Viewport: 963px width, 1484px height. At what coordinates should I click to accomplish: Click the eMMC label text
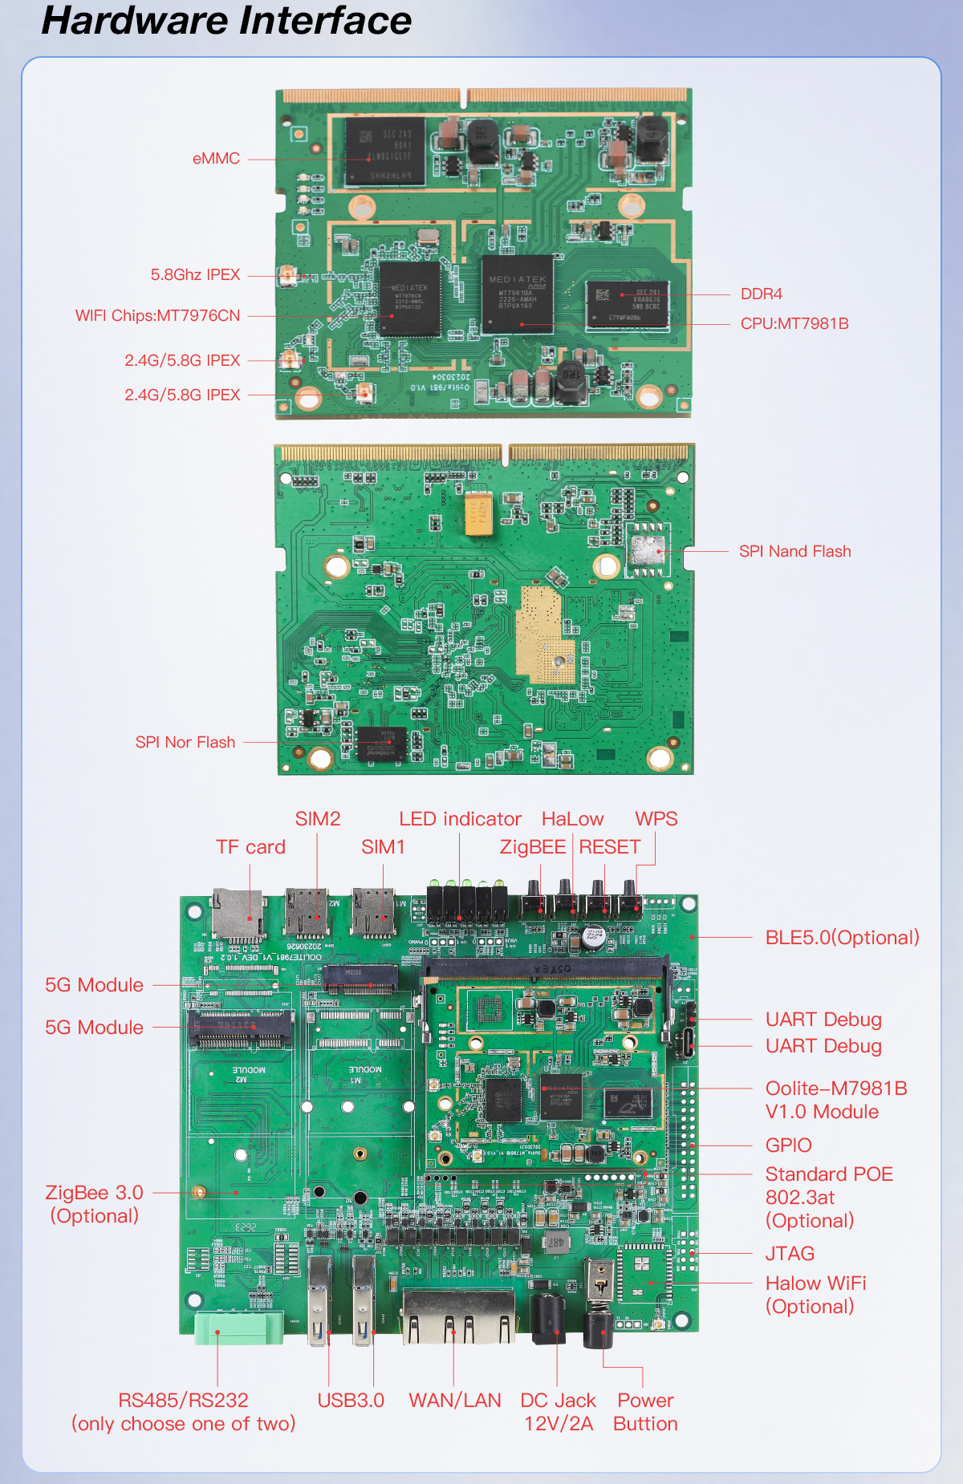coord(216,158)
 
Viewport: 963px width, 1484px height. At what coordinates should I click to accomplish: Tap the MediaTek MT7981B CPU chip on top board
coord(517,294)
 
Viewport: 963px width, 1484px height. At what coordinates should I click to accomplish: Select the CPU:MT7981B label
coord(794,323)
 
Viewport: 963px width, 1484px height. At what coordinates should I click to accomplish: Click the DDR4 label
coord(761,294)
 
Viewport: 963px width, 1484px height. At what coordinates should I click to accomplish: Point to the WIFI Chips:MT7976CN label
coord(157,315)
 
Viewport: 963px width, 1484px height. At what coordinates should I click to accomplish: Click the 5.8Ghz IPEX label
coord(195,274)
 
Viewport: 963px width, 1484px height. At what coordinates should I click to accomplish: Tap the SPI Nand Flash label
coord(794,551)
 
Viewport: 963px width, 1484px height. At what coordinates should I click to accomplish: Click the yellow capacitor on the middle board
coord(478,513)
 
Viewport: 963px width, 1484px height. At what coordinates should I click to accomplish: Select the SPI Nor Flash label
coord(185,742)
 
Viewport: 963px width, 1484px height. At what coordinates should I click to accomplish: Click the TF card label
coord(250,847)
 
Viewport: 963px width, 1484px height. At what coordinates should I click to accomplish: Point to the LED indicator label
coord(460,819)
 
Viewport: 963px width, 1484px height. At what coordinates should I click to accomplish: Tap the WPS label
coord(656,819)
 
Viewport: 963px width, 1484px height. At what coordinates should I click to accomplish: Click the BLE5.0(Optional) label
coord(842,937)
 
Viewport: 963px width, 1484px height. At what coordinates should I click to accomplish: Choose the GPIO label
coord(788,1145)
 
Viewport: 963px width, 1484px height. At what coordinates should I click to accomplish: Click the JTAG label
coord(790,1253)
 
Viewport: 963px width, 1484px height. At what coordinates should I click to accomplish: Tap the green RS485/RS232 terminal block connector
coord(238,1327)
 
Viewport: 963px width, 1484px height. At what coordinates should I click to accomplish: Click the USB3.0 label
coord(351,1400)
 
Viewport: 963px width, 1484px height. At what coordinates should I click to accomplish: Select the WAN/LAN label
coord(454,1400)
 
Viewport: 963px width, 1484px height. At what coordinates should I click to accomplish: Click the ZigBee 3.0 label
coord(94,1193)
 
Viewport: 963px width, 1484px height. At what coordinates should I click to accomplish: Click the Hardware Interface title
coord(226,21)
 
